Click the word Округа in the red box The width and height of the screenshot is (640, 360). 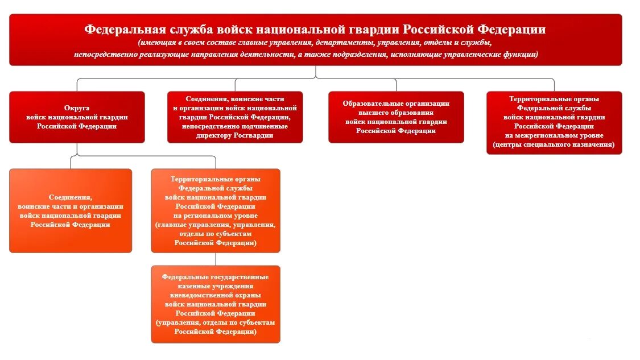[x=77, y=107]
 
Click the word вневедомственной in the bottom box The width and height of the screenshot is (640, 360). [x=196, y=295]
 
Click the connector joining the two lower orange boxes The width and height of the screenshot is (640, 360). [x=216, y=259]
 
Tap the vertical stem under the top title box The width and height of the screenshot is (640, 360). [x=316, y=72]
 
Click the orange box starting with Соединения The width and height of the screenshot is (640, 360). [x=71, y=210]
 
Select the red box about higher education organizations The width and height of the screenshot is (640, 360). [x=396, y=117]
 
